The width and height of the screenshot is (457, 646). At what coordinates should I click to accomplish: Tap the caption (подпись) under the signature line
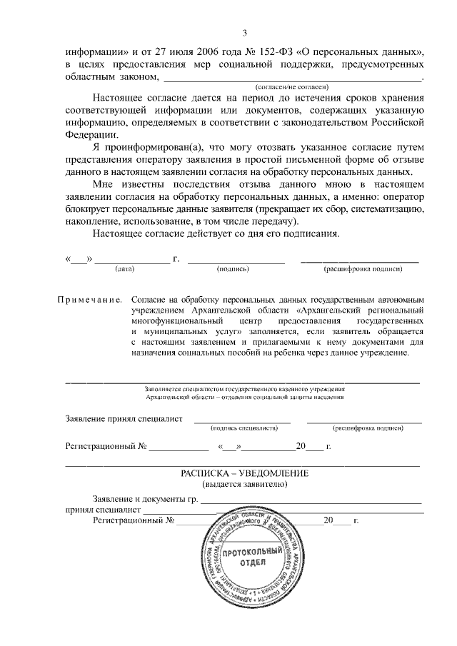click(x=232, y=269)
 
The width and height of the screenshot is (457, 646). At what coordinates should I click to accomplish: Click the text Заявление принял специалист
click(x=124, y=418)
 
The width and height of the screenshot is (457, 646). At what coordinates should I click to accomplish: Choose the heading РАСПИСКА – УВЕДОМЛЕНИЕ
click(x=244, y=474)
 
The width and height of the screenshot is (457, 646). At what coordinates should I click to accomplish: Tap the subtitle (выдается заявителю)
click(x=244, y=485)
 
